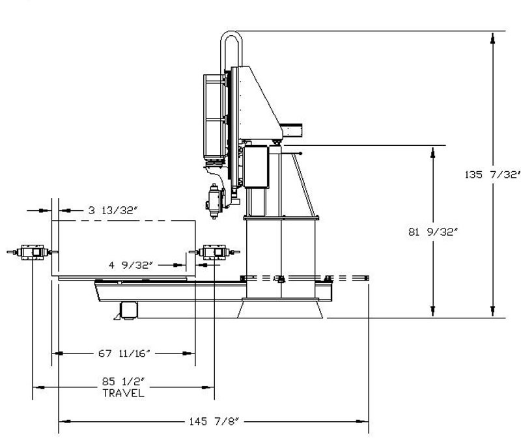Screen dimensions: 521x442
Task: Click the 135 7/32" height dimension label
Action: coord(492,174)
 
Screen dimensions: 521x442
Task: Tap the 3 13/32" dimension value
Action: coord(113,210)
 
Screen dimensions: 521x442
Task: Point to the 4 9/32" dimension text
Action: coord(131,265)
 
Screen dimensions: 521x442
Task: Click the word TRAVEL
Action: coord(124,393)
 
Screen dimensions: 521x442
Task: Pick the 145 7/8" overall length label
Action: coord(214,421)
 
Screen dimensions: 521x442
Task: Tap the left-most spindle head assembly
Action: coord(32,253)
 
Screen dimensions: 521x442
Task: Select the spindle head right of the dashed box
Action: coord(214,253)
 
